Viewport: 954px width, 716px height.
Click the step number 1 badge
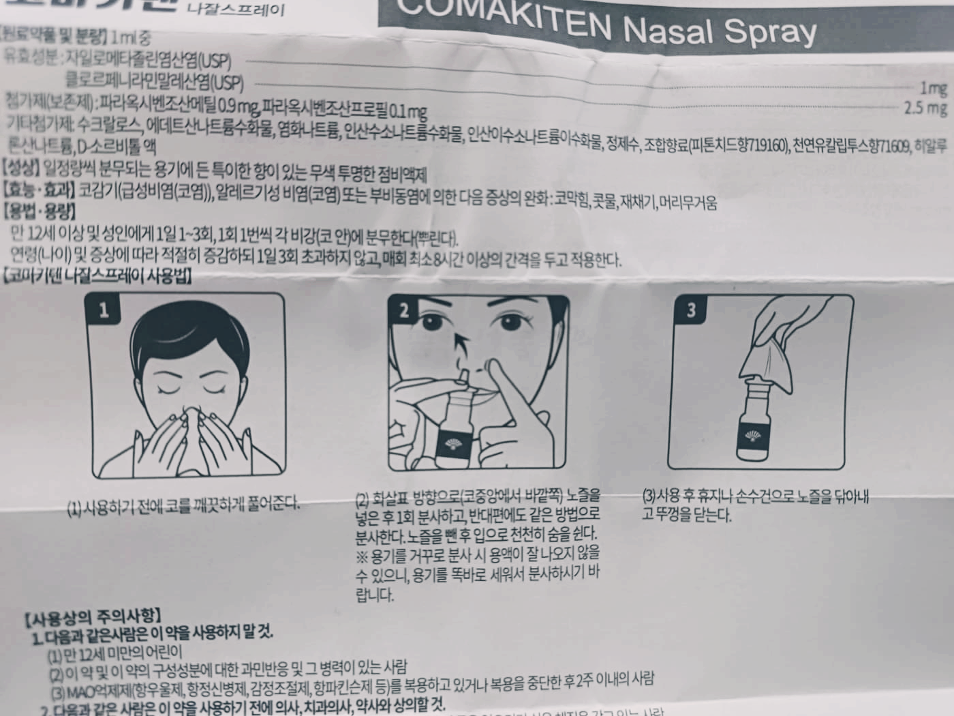pyautogui.click(x=104, y=310)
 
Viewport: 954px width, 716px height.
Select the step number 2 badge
pyautogui.click(x=404, y=311)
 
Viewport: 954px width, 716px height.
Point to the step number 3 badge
pyautogui.click(x=691, y=310)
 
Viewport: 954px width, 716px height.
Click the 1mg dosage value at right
pyautogui.click(x=933, y=88)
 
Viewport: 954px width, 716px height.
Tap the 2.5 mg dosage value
pyautogui.click(x=925, y=108)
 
